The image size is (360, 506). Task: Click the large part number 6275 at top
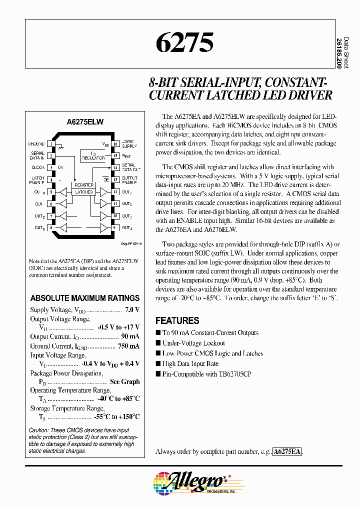coord(185,43)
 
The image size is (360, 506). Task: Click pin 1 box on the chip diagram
coord(51,144)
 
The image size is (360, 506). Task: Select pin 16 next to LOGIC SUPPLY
coord(115,144)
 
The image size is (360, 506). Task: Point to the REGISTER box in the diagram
coord(84,185)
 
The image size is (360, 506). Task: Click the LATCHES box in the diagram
coord(84,192)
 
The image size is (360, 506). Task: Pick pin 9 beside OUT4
coord(115,228)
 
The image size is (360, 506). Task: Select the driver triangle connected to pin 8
coord(63,228)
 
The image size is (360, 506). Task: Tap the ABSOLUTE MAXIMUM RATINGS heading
coord(85,298)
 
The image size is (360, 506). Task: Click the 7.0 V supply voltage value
coord(132,310)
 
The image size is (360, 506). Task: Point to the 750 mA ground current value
coord(129,346)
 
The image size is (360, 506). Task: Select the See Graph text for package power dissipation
coord(124,381)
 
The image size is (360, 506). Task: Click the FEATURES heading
coord(177,321)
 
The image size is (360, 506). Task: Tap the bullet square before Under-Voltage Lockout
coord(158,343)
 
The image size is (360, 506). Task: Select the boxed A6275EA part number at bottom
coord(287,451)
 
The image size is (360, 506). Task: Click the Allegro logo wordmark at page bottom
coord(197,480)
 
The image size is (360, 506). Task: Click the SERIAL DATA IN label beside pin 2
coord(38,156)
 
